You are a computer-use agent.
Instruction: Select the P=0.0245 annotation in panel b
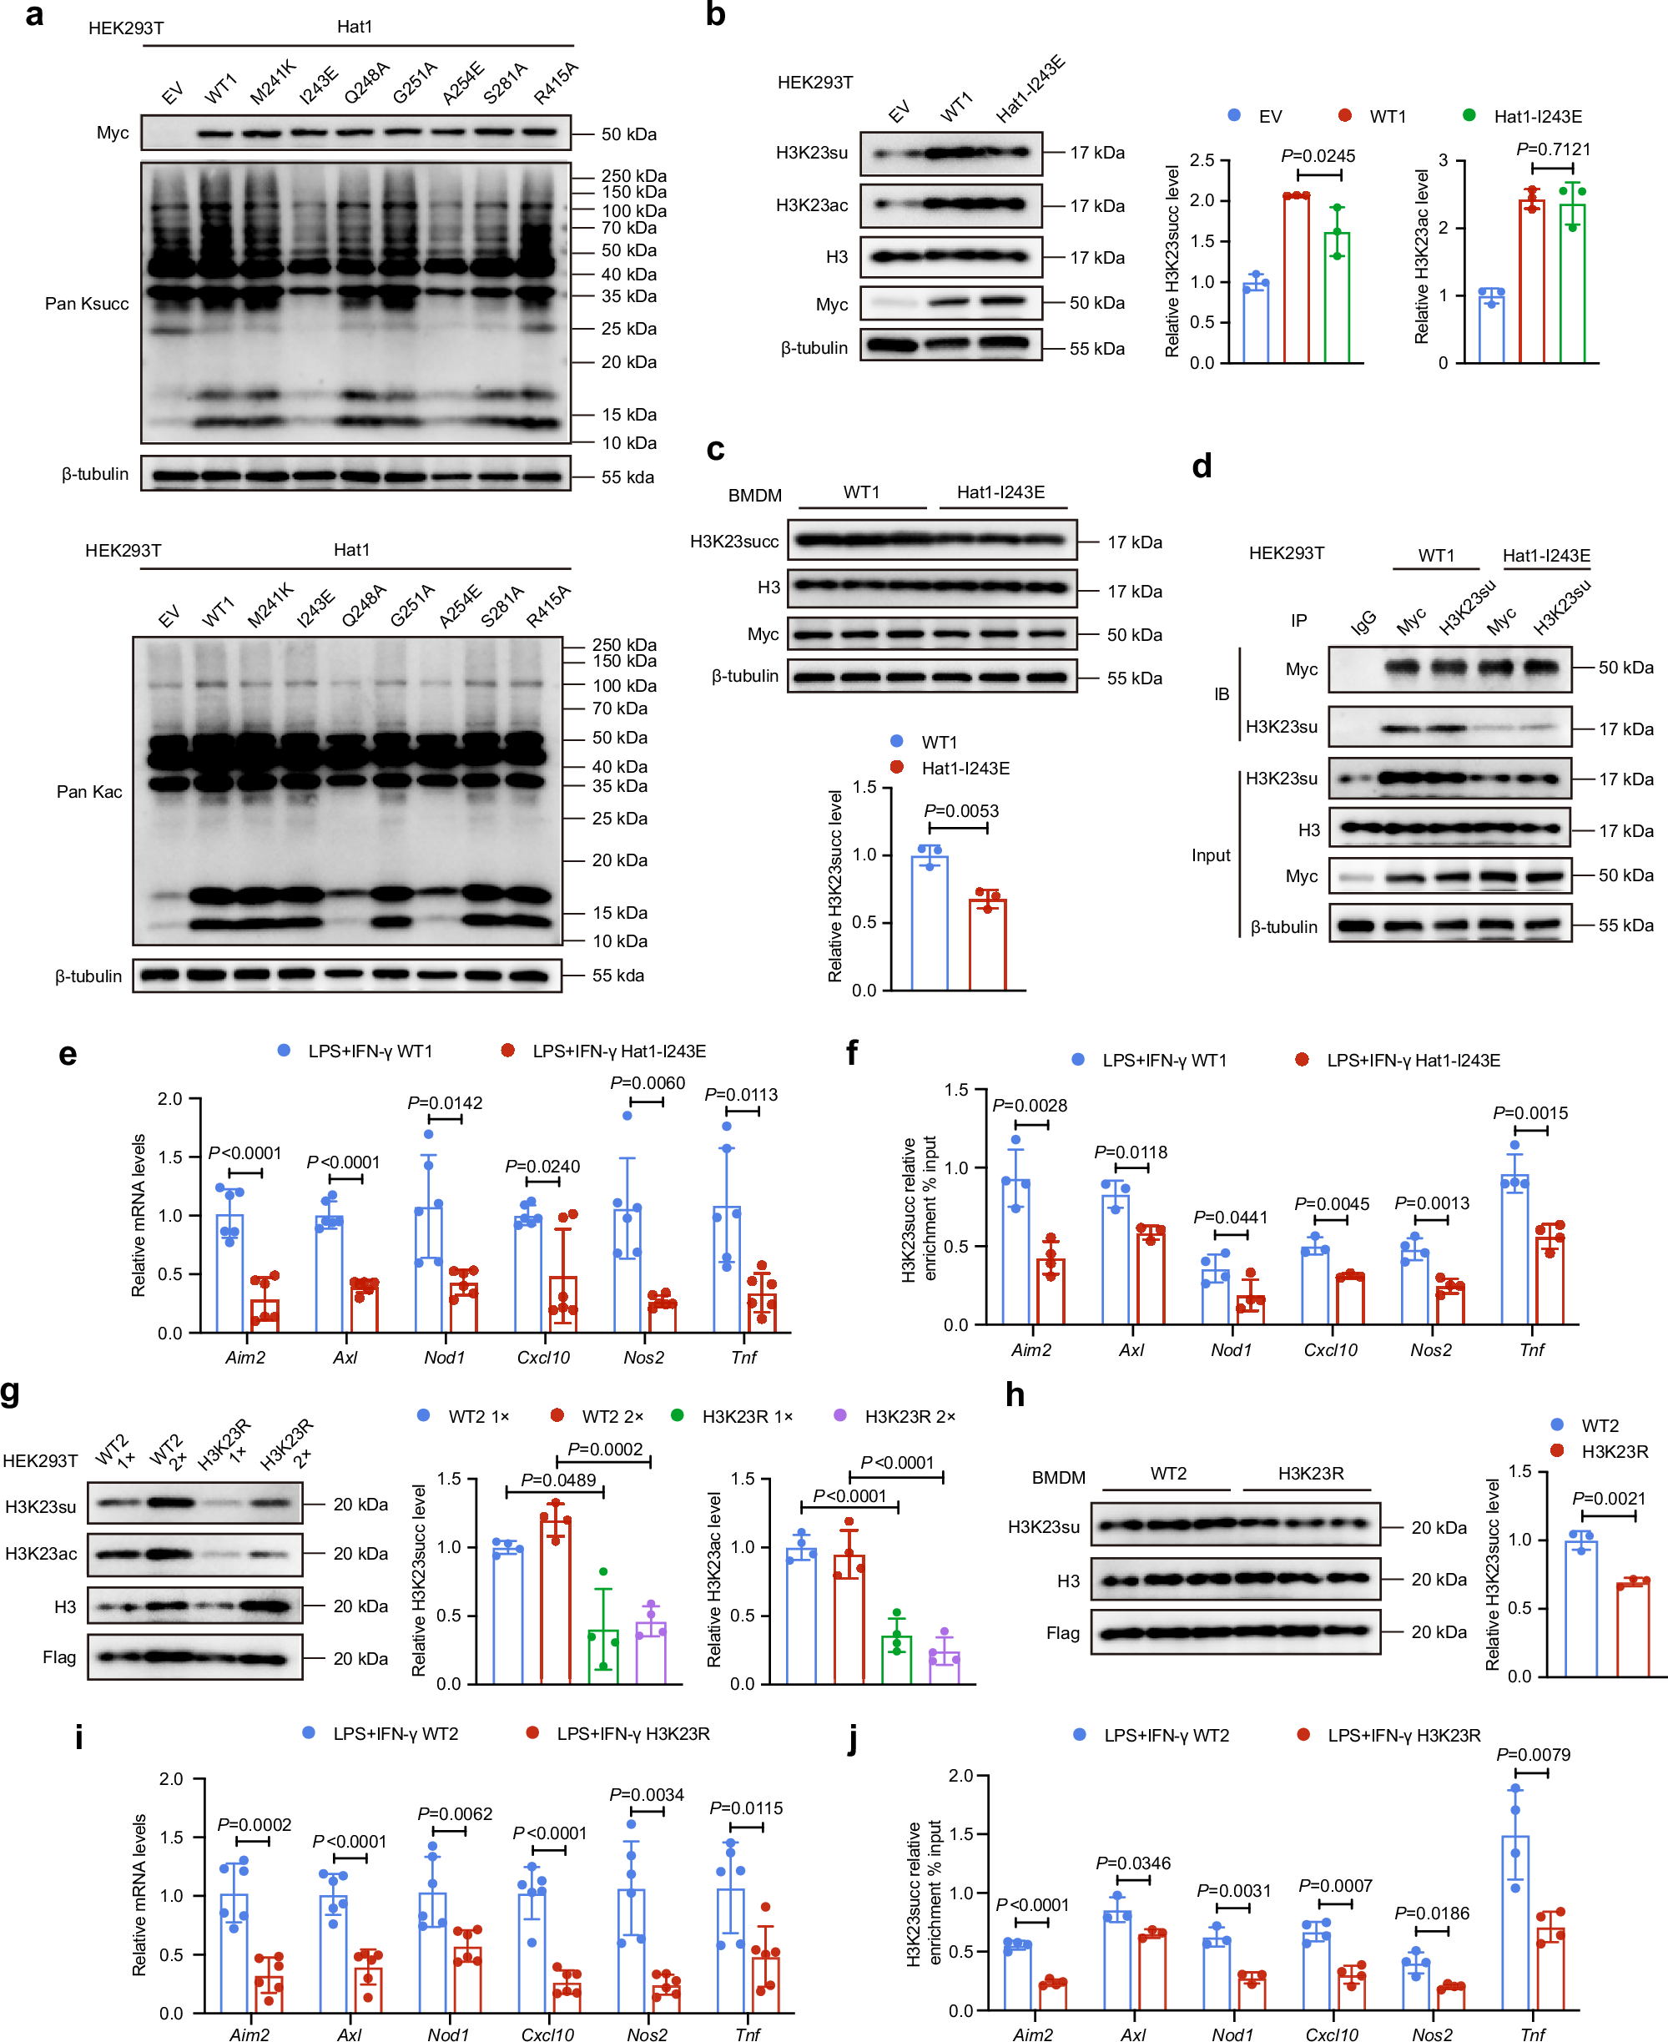click(1318, 156)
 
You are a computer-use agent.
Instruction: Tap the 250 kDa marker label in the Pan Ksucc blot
click(633, 176)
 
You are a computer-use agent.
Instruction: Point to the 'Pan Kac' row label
click(88, 792)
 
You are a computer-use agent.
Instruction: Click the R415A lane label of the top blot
click(556, 83)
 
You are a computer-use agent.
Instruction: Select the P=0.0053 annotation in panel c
click(960, 811)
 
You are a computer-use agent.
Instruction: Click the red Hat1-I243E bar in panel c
click(987, 944)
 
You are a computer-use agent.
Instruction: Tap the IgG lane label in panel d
click(1363, 622)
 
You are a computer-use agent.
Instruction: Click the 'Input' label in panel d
click(1211, 855)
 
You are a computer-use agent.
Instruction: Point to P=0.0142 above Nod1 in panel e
click(445, 1102)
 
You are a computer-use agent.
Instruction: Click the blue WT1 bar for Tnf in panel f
click(1514, 1248)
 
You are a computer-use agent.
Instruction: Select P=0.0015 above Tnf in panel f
click(1529, 1112)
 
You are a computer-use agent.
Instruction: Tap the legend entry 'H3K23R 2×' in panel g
click(909, 1416)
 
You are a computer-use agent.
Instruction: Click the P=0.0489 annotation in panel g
click(558, 1480)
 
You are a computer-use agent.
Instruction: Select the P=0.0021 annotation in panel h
click(1609, 1498)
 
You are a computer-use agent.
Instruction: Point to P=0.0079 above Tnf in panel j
click(1533, 1754)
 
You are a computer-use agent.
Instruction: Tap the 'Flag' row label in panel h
click(1063, 1632)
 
